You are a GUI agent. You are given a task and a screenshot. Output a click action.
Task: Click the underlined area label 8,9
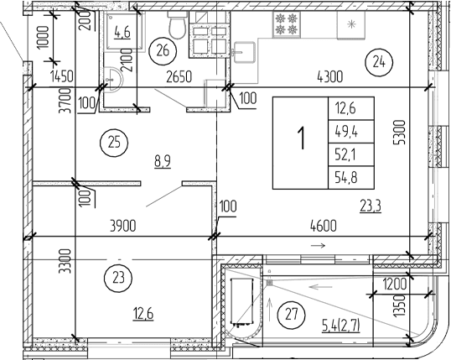pos(163,161)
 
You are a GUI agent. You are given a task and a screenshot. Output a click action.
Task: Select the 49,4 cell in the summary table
pos(346,131)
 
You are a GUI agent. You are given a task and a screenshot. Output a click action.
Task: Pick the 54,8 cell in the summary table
pos(346,178)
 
